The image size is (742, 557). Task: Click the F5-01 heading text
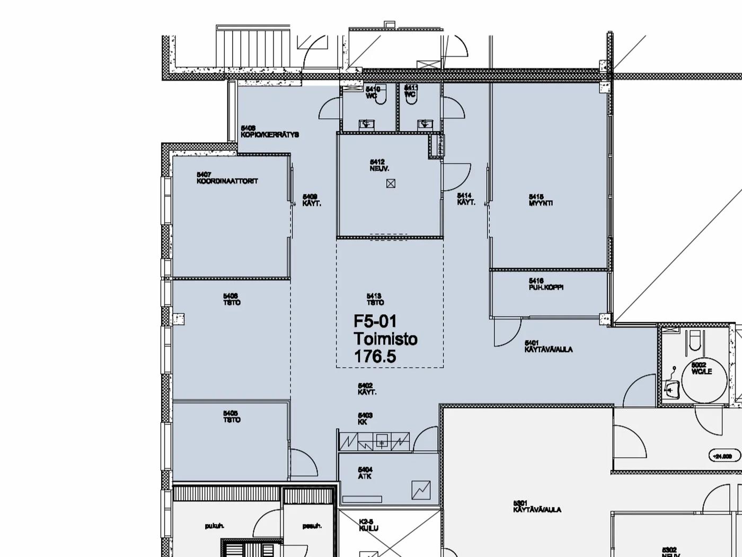click(375, 321)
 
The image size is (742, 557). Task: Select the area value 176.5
click(375, 356)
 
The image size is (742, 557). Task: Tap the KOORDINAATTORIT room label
click(227, 181)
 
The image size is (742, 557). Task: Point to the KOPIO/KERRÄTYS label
click(270, 135)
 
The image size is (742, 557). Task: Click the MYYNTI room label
click(541, 203)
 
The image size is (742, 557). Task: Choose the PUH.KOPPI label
click(546, 287)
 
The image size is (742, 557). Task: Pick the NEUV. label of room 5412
click(379, 169)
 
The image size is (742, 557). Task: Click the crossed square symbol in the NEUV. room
click(391, 184)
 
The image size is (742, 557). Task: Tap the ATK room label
click(365, 476)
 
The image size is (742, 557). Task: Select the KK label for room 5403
click(363, 422)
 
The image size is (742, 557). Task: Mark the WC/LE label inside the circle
click(702, 371)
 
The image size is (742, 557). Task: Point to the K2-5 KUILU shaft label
click(369, 529)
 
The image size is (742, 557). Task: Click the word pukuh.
click(215, 526)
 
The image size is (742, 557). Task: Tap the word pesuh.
click(312, 526)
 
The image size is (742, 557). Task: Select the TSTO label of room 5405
click(232, 420)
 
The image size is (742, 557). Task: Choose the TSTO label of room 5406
click(232, 302)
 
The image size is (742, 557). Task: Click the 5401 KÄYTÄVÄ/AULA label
click(549, 350)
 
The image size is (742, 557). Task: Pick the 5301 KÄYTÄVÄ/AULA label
click(537, 510)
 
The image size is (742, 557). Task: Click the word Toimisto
click(385, 339)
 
